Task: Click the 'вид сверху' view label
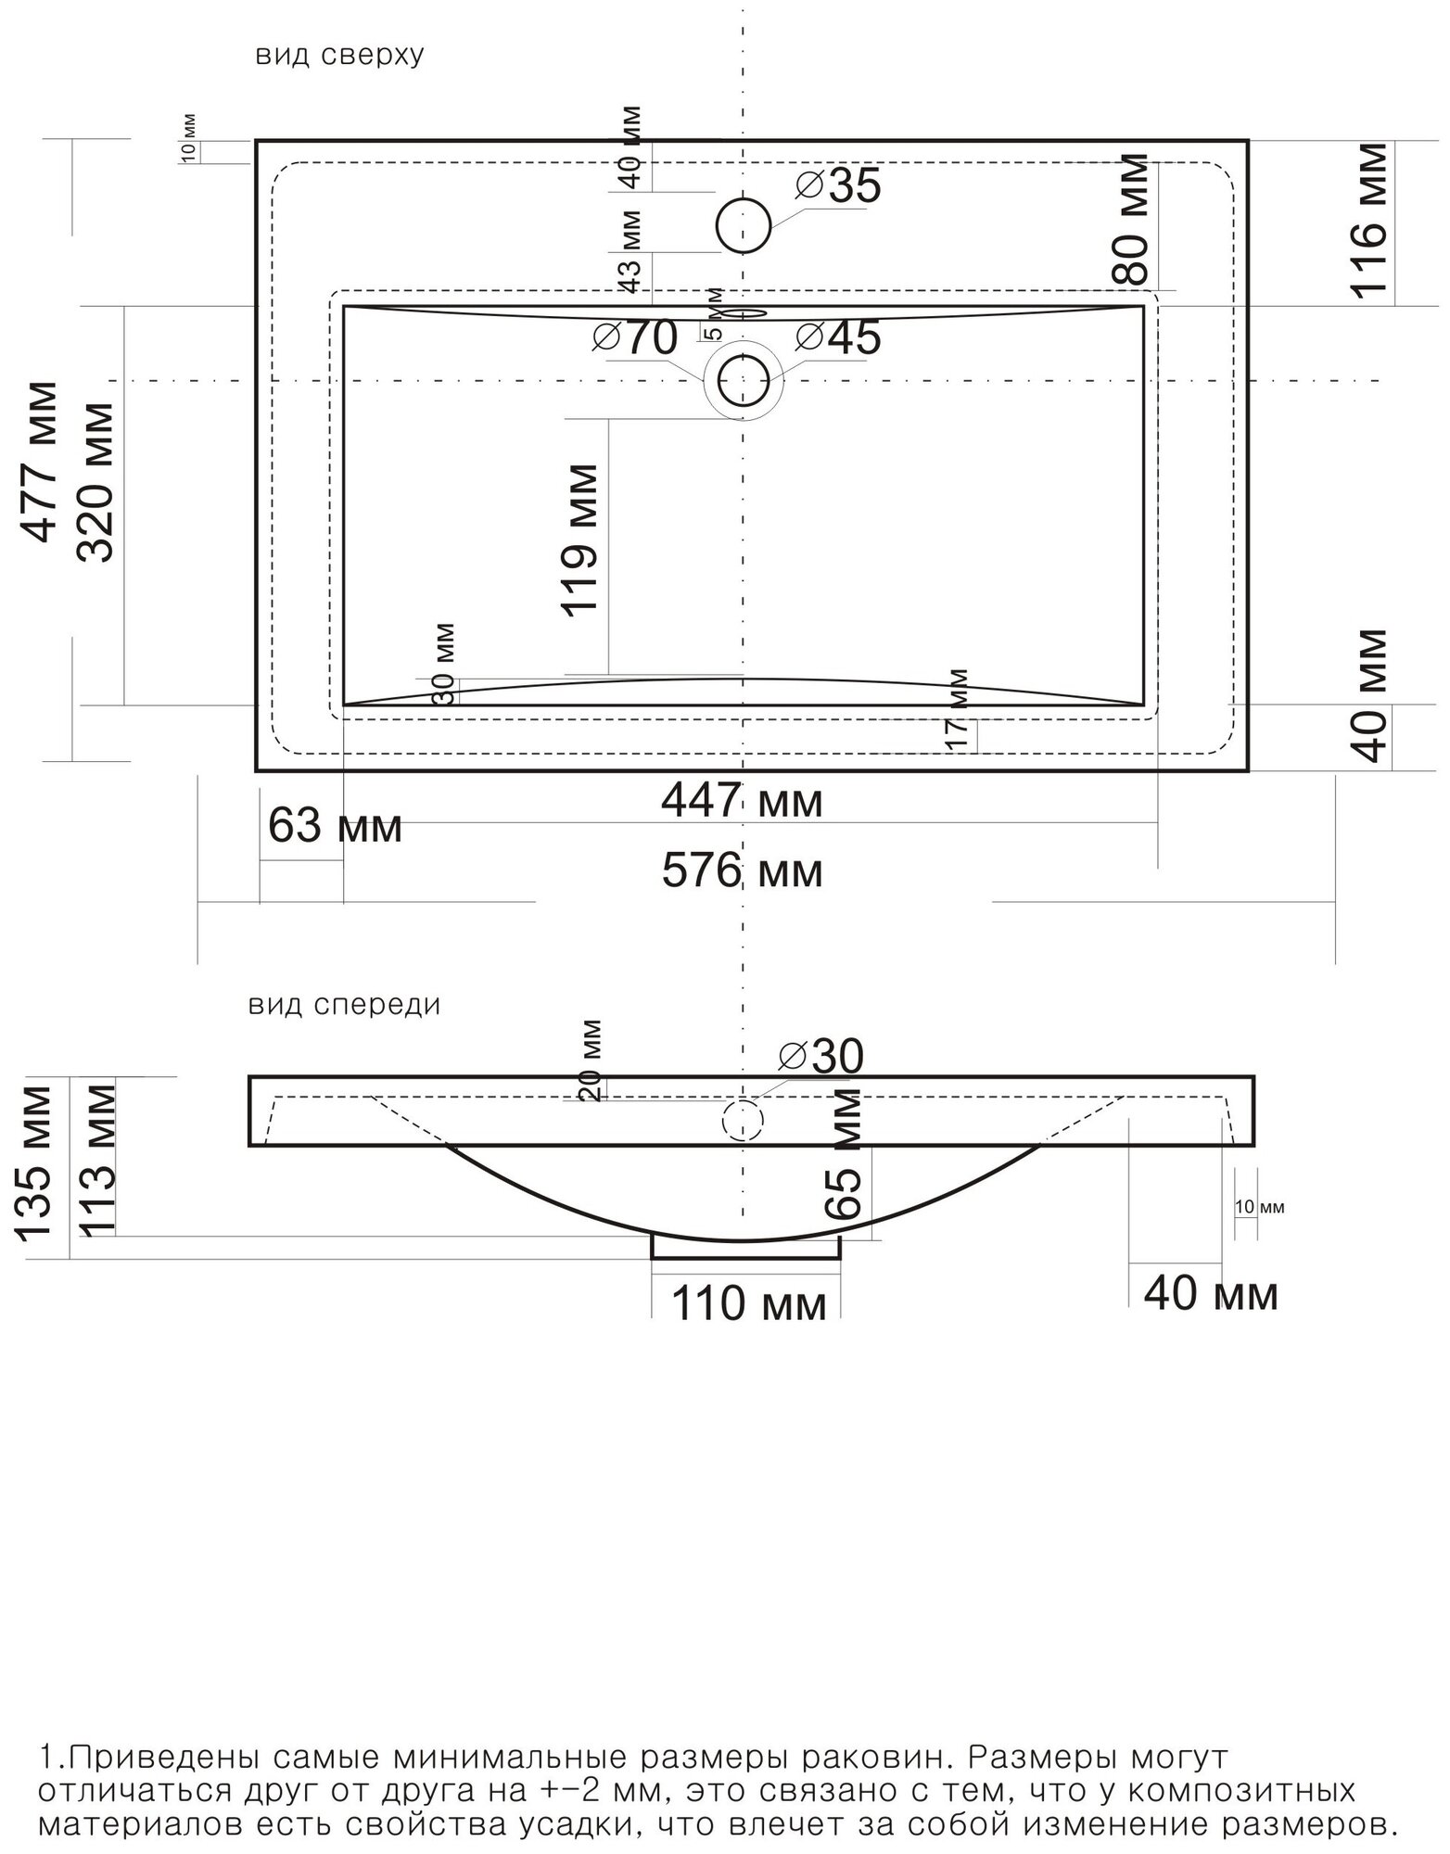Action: [x=340, y=56]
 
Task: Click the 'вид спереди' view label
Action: [x=344, y=1005]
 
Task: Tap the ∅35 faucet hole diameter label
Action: [x=838, y=186]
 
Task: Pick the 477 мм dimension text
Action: [x=41, y=461]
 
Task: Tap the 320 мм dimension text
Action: [x=95, y=482]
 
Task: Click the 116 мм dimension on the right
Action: [x=1369, y=221]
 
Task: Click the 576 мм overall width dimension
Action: [x=742, y=871]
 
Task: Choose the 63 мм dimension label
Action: [x=336, y=825]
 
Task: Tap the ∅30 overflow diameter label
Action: [x=821, y=1056]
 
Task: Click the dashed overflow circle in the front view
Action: [x=743, y=1120]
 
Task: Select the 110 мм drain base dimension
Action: [x=748, y=1305]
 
